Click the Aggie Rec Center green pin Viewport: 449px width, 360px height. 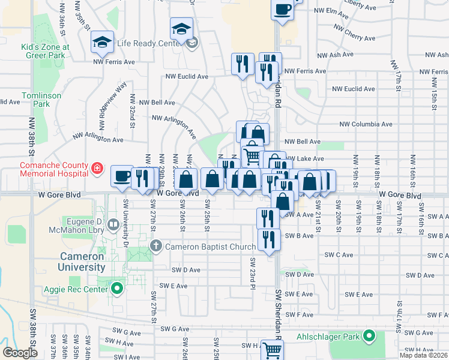[x=117, y=289]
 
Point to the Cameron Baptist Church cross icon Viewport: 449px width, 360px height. [x=156, y=245]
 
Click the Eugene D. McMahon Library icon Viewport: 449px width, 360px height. [x=113, y=224]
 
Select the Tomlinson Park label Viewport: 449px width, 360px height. [x=35, y=100]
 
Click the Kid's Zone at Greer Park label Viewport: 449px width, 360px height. [x=46, y=51]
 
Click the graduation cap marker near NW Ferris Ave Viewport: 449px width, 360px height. [x=102, y=41]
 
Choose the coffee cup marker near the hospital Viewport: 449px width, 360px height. [x=122, y=176]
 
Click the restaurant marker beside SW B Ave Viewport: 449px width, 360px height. [x=268, y=239]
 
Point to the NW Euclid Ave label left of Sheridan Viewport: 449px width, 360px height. [x=187, y=77]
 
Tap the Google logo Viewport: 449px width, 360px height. [x=20, y=352]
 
